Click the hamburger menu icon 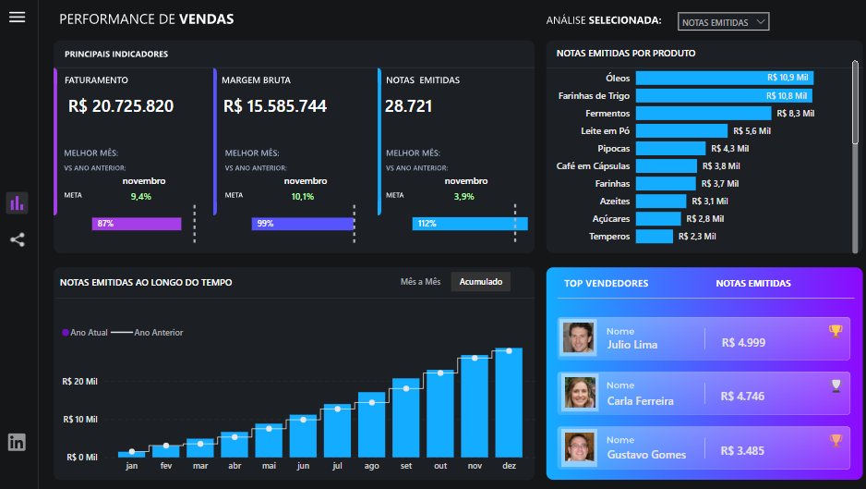pos(17,18)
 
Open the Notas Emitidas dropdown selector pos(723,22)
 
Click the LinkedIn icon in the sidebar pos(17,442)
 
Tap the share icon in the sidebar pos(17,240)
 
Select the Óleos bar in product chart pos(724,78)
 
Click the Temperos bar pos(654,237)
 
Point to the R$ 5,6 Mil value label pos(752,131)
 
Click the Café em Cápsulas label pos(593,166)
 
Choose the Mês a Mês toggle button pos(420,282)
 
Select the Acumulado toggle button pos(481,282)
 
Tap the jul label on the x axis pos(338,466)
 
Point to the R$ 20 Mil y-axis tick pos(80,381)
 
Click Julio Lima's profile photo pos(579,338)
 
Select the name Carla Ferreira pos(640,401)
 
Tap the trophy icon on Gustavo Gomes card pos(836,440)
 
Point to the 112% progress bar pos(470,224)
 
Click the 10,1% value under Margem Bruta pos(303,196)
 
